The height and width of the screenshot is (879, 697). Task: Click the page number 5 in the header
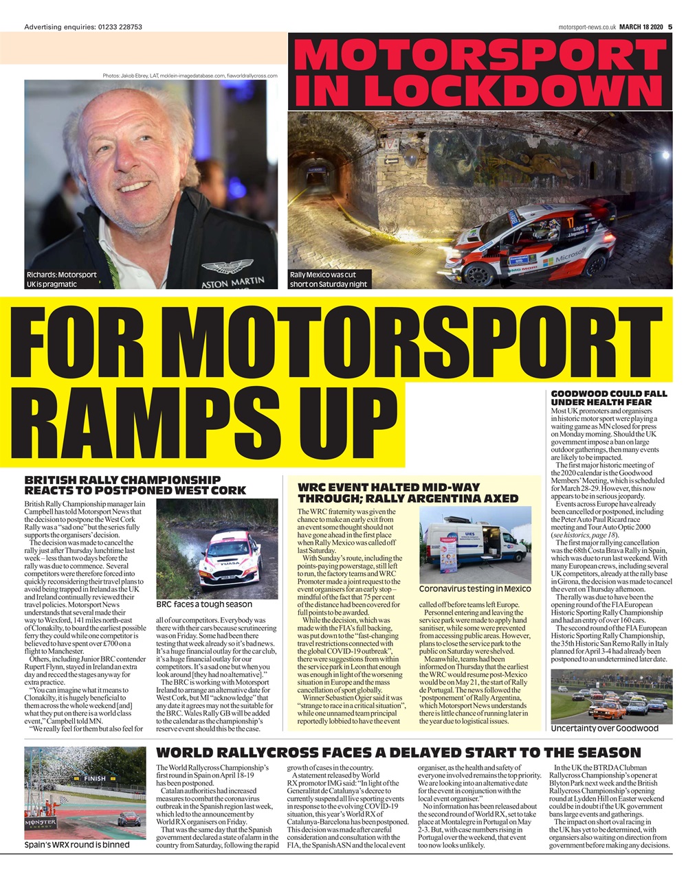tap(670, 27)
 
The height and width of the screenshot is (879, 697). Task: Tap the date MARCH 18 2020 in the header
tap(640, 27)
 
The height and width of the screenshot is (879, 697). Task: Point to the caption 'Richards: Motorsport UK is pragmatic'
tap(62, 279)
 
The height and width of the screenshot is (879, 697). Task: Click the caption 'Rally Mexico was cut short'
tap(329, 279)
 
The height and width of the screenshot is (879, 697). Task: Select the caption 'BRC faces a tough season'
tap(204, 604)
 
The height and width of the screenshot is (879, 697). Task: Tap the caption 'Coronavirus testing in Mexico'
tap(475, 589)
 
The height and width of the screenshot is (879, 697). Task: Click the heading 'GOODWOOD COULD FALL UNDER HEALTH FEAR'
tap(608, 398)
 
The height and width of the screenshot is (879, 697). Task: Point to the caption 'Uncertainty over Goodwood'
tap(604, 728)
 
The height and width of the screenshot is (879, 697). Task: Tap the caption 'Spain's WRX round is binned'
tap(77, 845)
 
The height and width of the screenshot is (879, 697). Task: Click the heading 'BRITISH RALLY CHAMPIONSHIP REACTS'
tap(135, 485)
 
